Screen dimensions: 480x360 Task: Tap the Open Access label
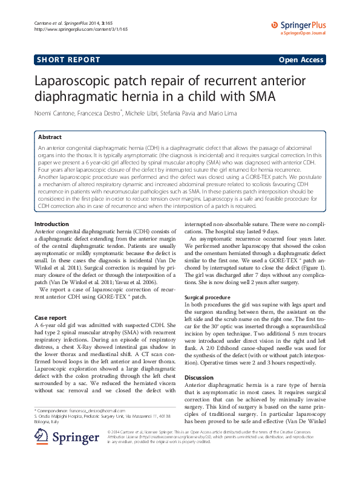pyautogui.click(x=301, y=60)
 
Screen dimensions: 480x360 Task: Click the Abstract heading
pyautogui.click(x=50, y=137)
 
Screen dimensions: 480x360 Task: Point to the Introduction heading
pyautogui.click(x=52, y=207)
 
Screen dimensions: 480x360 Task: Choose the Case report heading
pyautogui.click(x=50, y=317)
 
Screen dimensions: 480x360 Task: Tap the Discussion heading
pyautogui.click(x=199, y=377)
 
